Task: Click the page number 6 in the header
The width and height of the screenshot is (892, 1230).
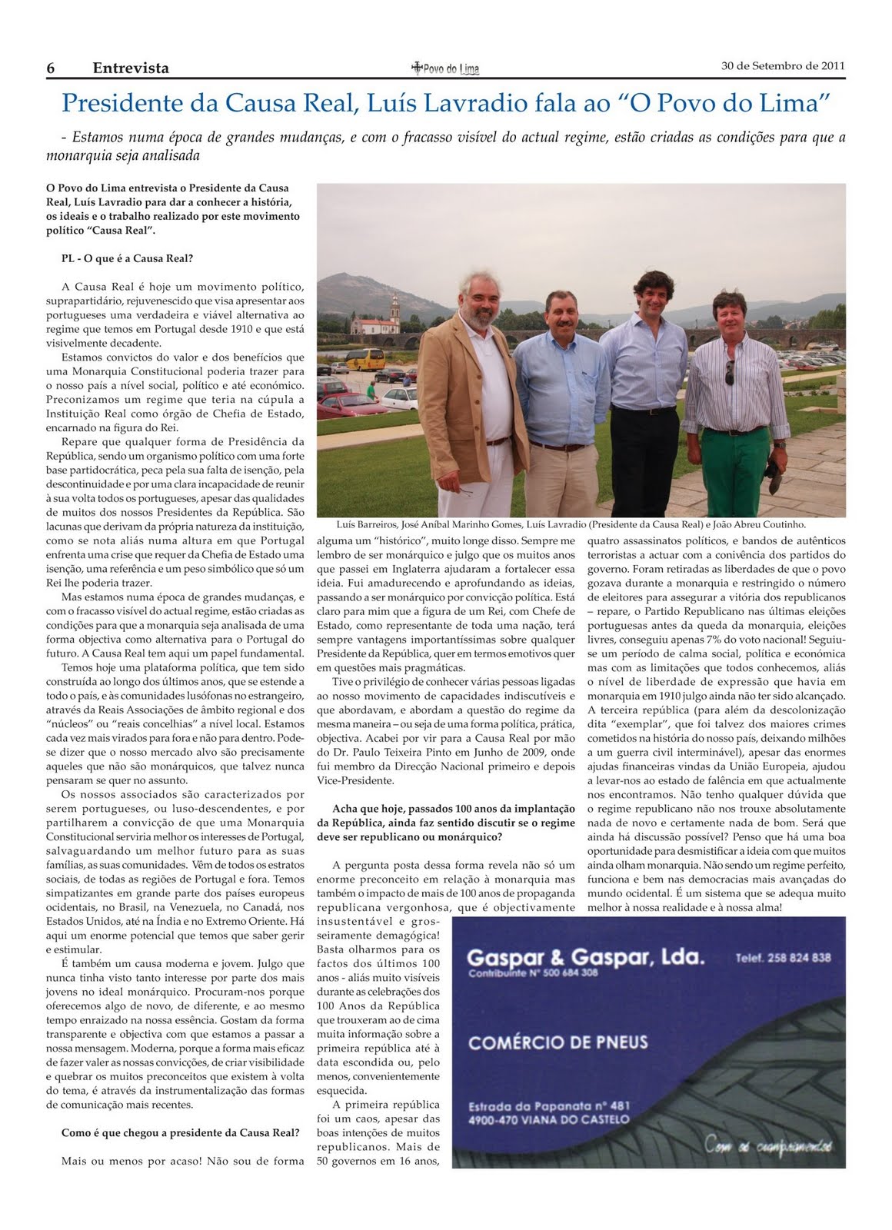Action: (51, 68)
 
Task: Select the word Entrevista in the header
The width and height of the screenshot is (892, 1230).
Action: (131, 68)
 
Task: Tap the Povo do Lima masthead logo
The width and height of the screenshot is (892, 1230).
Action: (446, 68)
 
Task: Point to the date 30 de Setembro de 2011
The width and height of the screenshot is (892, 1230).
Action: (783, 65)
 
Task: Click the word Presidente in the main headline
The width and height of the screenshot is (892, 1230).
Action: (118, 102)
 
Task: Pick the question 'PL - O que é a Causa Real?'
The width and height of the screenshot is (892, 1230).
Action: (127, 258)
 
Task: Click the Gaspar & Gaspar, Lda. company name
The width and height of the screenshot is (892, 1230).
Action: (584, 958)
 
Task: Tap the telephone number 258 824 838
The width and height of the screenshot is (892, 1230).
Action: (783, 958)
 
